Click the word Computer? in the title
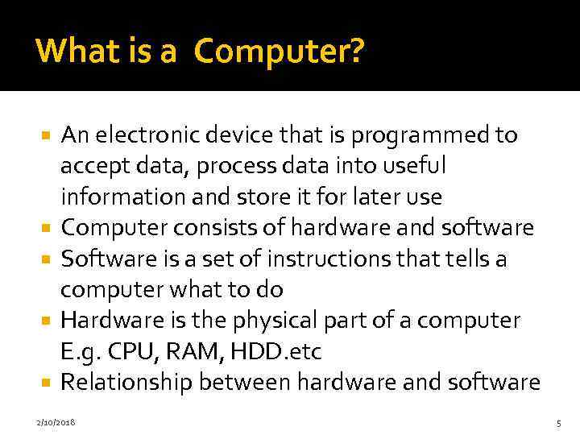pyautogui.click(x=280, y=52)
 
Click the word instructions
pyautogui.click(x=304, y=259)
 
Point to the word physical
pyautogui.click(x=270, y=321)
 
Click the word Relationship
pyautogui.click(x=126, y=382)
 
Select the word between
pyautogui.click(x=242, y=382)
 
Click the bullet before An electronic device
pyautogui.click(x=48, y=135)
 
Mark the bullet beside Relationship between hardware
pyautogui.click(x=48, y=383)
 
